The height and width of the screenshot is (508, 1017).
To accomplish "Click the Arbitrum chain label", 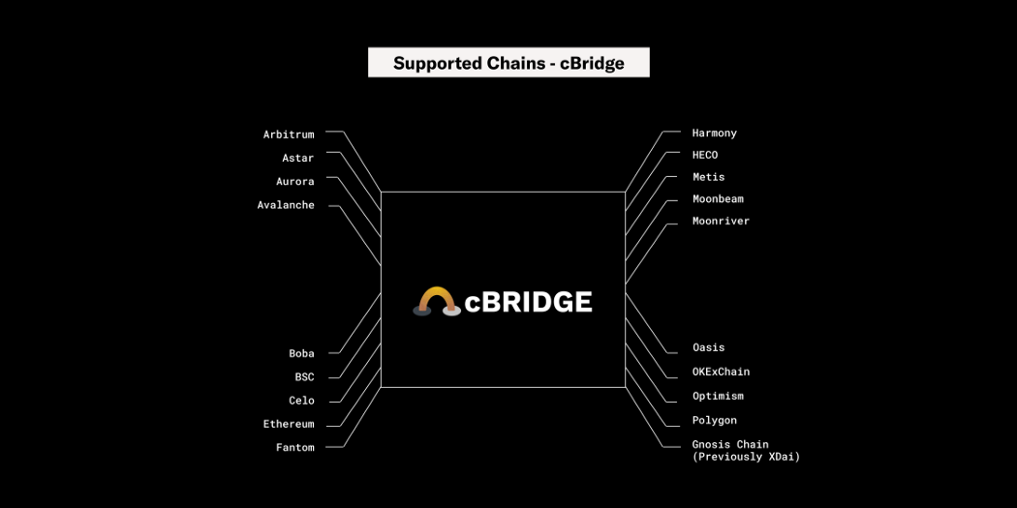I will click(289, 134).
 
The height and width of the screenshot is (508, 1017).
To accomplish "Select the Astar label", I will click(298, 158).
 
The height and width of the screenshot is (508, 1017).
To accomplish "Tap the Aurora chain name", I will click(295, 181).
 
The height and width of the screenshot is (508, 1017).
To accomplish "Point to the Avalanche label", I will click(286, 205).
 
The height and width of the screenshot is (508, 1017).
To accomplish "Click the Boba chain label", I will click(301, 353).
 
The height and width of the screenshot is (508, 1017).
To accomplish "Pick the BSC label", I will click(304, 376).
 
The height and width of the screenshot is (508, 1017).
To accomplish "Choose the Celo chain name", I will click(301, 401).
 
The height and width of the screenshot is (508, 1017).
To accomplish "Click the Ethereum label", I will click(289, 424).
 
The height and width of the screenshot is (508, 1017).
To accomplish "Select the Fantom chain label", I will click(295, 447).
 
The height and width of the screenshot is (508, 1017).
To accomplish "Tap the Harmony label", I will click(715, 133).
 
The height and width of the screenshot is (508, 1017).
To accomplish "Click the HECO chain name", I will click(705, 155).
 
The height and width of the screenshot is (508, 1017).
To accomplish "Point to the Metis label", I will click(708, 177).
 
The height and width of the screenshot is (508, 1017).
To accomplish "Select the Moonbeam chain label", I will click(718, 199).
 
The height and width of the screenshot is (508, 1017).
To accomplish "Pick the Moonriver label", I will click(721, 222).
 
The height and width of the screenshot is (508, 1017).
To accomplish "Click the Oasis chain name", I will click(708, 347).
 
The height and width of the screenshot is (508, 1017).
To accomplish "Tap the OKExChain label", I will click(721, 372).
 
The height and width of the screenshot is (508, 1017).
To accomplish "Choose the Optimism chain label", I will click(718, 396).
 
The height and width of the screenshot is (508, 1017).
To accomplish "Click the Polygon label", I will click(715, 420).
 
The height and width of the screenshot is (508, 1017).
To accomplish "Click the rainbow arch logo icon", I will click(437, 302).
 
